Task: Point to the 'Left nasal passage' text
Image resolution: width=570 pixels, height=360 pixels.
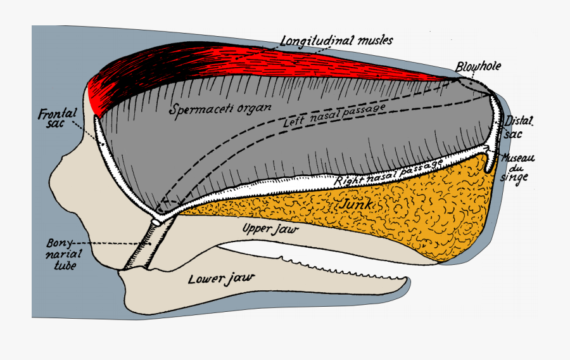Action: click(334, 114)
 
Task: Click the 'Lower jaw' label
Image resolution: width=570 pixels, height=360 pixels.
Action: click(220, 278)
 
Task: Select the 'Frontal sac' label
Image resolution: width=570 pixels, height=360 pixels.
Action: click(57, 117)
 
